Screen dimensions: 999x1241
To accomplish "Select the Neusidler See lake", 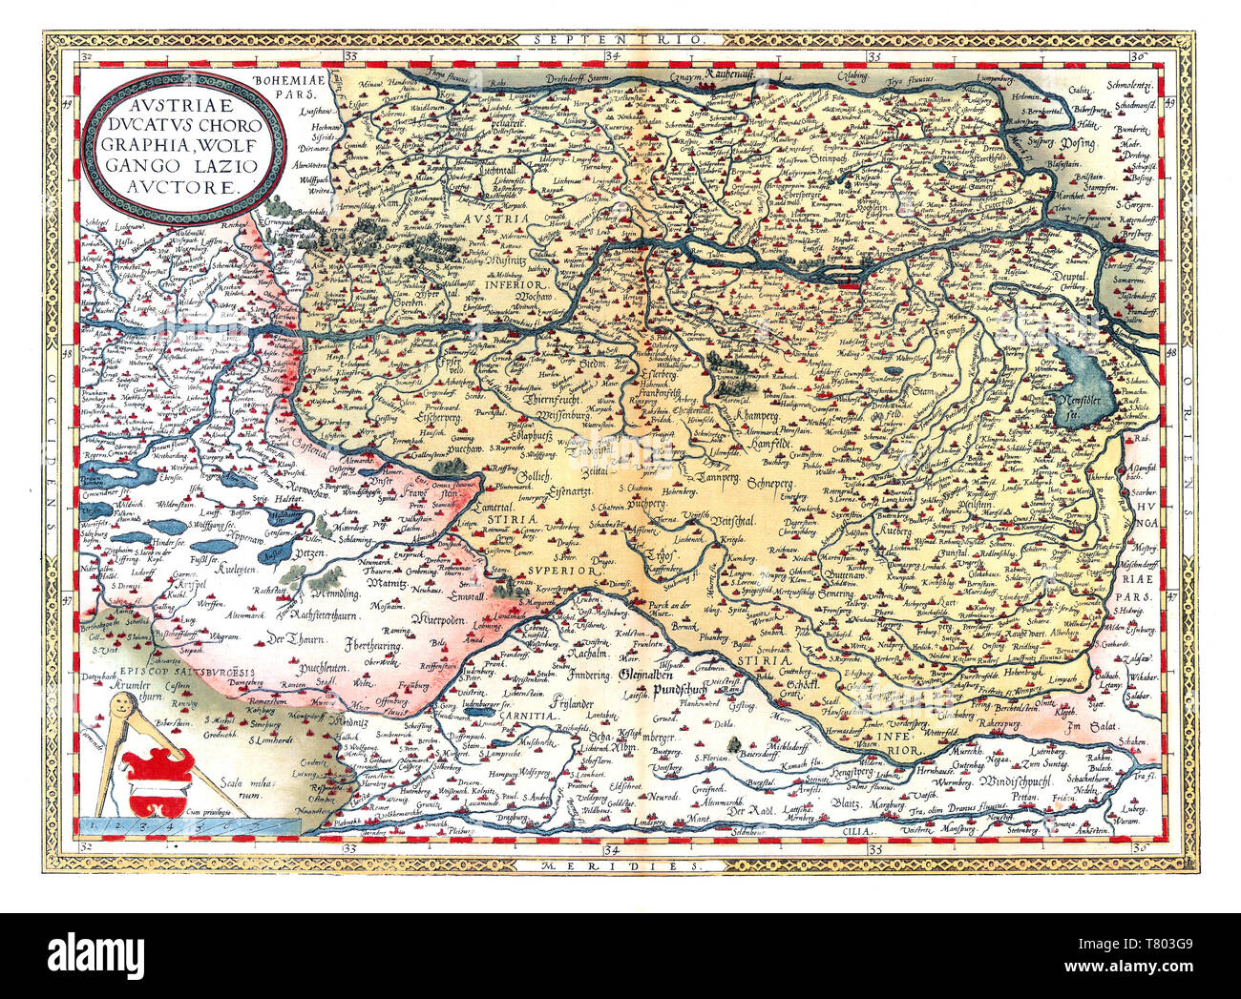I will coord(1083,392).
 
